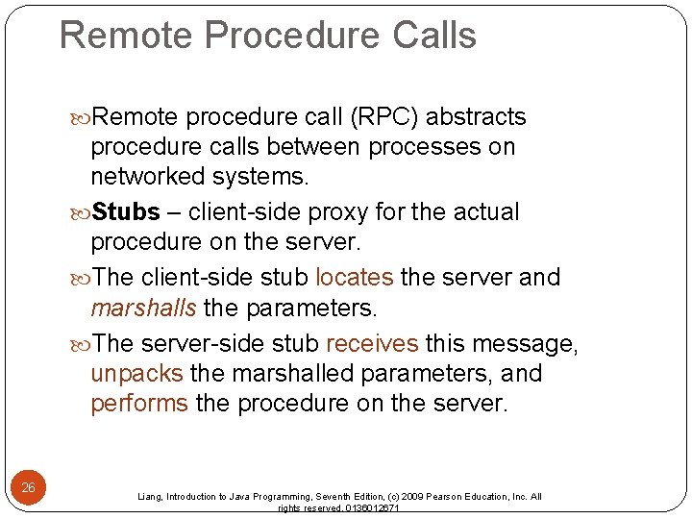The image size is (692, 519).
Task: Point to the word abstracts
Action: (476, 117)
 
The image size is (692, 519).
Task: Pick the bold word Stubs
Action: (128, 211)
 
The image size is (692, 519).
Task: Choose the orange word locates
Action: (354, 278)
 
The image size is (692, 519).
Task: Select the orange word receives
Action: (372, 344)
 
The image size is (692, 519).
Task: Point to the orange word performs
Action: (139, 404)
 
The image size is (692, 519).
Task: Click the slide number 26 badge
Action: (29, 487)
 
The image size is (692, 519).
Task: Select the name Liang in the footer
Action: (150, 497)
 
